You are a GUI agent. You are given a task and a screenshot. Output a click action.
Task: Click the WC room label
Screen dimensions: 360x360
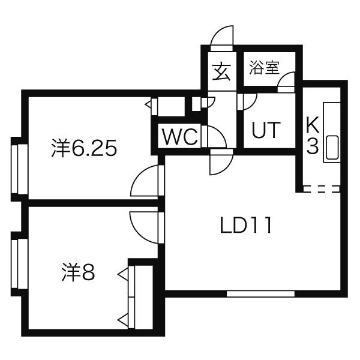(180, 137)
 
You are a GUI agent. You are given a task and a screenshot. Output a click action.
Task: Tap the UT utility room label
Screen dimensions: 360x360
(266, 130)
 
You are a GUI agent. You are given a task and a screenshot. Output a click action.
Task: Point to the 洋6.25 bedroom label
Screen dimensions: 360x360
(84, 148)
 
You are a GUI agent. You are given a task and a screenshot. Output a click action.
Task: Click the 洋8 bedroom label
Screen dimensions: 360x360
(78, 273)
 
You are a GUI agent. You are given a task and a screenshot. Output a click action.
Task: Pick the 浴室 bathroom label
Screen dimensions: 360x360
(264, 67)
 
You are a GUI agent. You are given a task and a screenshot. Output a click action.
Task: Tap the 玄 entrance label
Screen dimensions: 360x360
(221, 72)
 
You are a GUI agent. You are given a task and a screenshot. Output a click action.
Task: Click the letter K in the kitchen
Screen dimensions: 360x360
(313, 125)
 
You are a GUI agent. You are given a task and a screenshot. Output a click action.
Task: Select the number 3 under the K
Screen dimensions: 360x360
(313, 147)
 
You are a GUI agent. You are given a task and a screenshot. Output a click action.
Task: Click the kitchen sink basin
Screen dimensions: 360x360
(332, 147)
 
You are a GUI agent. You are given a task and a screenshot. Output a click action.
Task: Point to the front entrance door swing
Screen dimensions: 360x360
(222, 38)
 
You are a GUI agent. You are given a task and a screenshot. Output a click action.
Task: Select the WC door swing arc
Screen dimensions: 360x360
(217, 137)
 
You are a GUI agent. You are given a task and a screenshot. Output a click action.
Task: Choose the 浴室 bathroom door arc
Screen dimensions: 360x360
(286, 82)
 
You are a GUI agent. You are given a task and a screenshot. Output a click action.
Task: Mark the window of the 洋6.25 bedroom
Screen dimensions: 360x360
(20, 169)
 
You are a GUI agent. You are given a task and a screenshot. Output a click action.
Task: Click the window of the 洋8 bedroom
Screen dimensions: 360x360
(20, 263)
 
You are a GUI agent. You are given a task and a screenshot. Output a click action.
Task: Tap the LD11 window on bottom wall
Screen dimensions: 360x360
(260, 293)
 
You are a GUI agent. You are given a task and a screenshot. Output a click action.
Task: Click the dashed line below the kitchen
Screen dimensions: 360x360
(322, 189)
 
